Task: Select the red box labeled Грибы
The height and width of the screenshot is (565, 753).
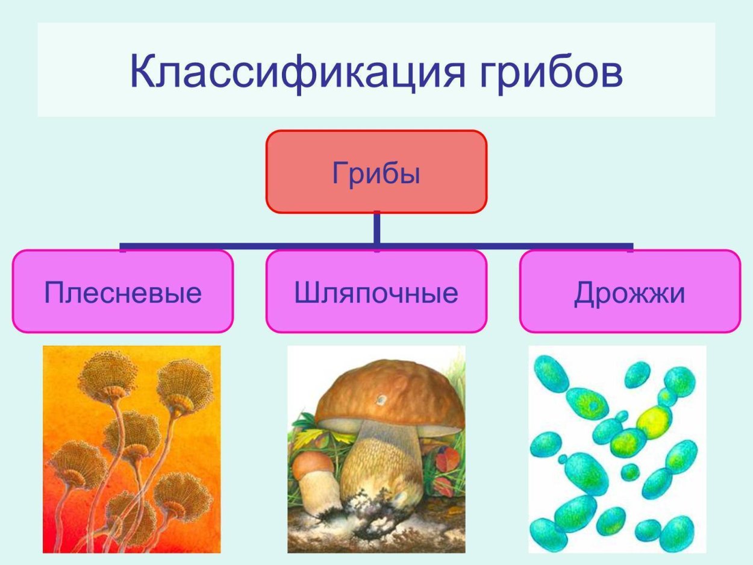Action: pos(376,172)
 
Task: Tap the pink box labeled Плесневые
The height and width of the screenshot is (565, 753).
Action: pos(122,292)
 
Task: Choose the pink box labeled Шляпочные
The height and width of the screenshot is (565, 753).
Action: pos(376,292)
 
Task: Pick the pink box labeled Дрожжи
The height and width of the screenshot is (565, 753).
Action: pos(630,292)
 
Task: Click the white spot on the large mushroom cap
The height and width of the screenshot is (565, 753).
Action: pos(381,399)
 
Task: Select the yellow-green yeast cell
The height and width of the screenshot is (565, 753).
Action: pos(654,421)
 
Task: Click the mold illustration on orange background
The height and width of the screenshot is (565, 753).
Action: pos(131,449)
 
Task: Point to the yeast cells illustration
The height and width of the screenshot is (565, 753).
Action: pos(617,449)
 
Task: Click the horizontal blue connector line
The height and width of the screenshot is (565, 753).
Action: pos(241,246)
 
